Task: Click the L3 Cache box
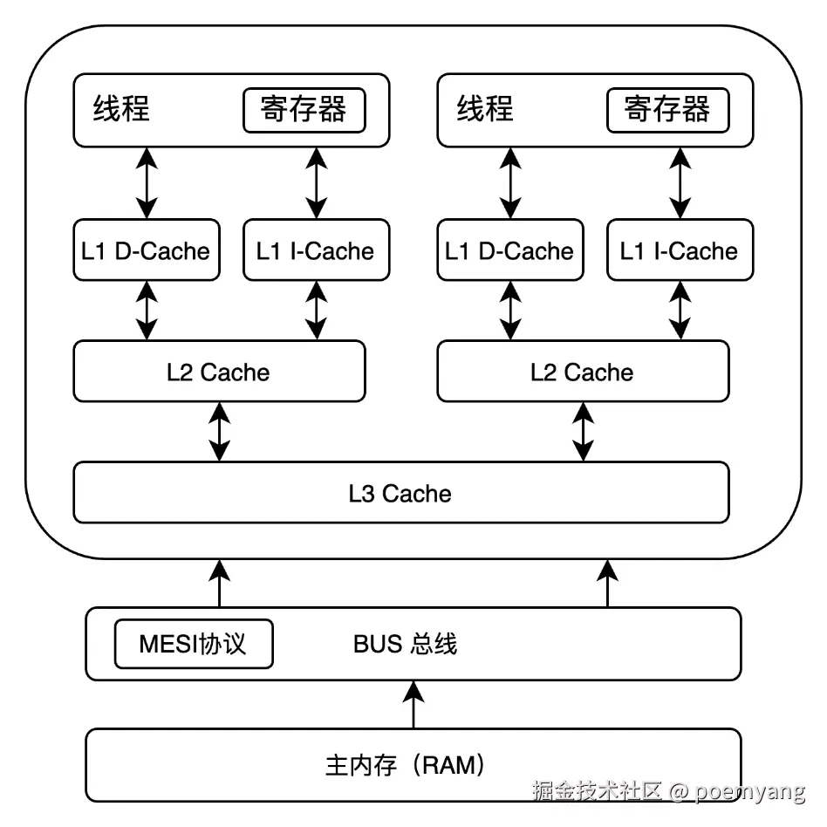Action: [x=400, y=493]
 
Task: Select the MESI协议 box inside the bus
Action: [x=193, y=645]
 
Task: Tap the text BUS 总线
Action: [x=405, y=645]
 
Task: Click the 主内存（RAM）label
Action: [x=405, y=766]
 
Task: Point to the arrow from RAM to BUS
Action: [x=413, y=705]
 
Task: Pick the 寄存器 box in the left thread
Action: [x=303, y=110]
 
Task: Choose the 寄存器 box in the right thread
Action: [x=666, y=110]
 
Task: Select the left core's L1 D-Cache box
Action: [x=146, y=251]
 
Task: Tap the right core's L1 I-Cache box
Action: [x=679, y=251]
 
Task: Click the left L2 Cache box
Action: [x=219, y=372]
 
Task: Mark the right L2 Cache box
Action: [x=582, y=372]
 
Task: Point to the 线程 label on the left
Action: [x=121, y=109]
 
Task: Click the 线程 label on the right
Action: [x=485, y=109]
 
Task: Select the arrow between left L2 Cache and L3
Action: [x=219, y=431]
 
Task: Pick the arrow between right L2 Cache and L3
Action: [x=583, y=431]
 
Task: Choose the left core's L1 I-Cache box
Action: [x=315, y=251]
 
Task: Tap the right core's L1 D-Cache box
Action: [x=509, y=251]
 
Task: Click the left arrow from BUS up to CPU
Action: [x=219, y=584]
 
